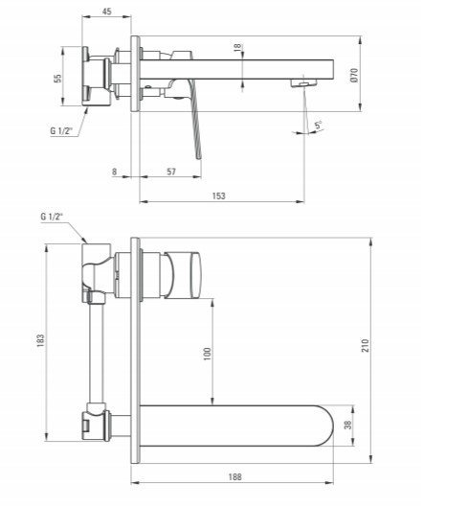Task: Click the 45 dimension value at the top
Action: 106,11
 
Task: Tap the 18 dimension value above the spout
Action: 236,48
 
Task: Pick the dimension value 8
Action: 114,172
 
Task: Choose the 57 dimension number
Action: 171,172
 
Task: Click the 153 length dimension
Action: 219,196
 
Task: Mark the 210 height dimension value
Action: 365,347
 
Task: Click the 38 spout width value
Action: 348,427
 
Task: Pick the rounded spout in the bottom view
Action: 239,424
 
